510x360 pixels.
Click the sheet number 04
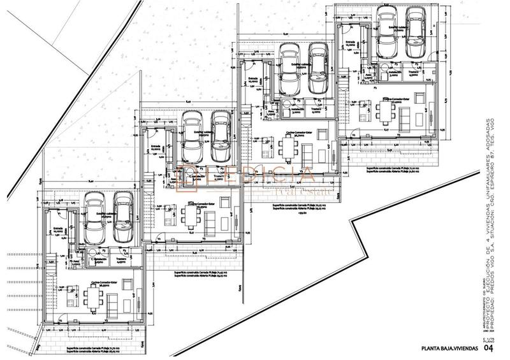click(488, 348)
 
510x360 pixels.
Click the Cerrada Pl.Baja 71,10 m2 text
click(393, 167)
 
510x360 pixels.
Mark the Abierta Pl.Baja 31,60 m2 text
click(393, 171)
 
